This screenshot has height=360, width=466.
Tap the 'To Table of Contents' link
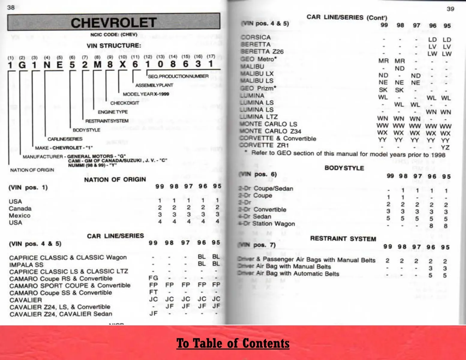(233, 343)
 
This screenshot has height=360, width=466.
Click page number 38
(11, 7)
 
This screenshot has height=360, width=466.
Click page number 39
(450, 9)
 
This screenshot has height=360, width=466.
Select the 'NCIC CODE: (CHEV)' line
(114, 34)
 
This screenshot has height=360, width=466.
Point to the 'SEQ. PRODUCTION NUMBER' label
(178, 76)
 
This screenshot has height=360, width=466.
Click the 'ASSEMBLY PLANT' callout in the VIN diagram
(154, 85)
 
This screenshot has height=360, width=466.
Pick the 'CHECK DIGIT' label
(125, 103)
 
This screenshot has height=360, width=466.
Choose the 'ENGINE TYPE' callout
(113, 112)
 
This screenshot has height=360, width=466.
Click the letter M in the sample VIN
(98, 64)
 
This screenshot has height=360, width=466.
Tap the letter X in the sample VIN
(122, 64)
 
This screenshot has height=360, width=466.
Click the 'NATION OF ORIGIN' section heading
(115, 179)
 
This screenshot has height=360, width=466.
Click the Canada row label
(20, 208)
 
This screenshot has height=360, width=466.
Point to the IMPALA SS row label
(26, 265)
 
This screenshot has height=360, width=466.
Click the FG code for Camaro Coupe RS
(153, 278)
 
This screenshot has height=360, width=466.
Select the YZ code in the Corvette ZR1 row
(445, 147)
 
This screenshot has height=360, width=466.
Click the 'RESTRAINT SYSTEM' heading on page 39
(343, 239)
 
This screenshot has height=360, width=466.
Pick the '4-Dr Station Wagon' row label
(266, 223)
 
